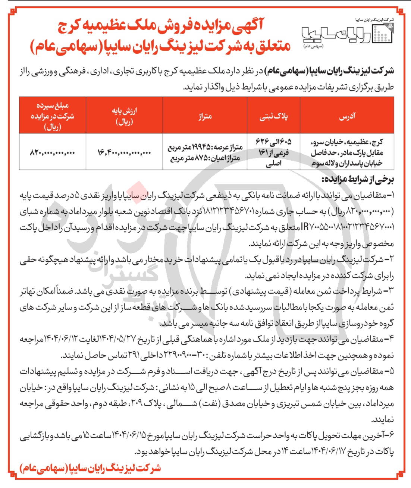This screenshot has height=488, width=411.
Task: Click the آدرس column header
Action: coord(347,116)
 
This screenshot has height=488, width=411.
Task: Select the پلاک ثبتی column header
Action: coord(274,116)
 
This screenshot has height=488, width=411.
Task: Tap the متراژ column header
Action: coord(205,116)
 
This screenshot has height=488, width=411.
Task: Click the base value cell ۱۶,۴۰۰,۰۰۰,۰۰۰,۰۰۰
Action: coord(124,152)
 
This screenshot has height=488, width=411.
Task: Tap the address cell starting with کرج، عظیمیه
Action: coord(347,152)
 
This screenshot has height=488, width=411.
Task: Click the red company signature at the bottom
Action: coord(91,468)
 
